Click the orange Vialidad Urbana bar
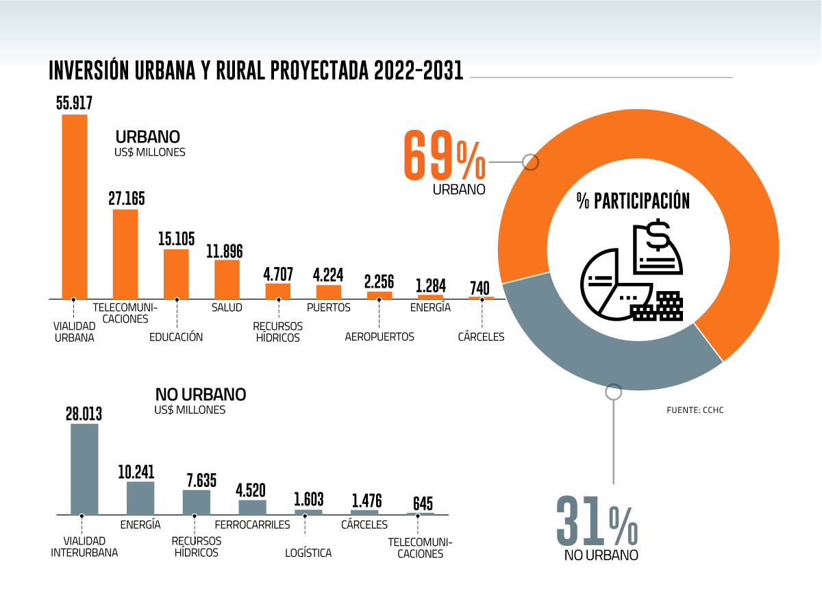(x=75, y=206)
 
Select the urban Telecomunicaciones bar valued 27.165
(x=125, y=254)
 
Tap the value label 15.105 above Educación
(x=176, y=239)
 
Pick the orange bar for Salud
(x=227, y=279)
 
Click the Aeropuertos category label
(x=379, y=337)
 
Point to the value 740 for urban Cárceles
(x=481, y=288)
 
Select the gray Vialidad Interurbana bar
(x=84, y=469)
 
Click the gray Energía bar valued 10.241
(x=140, y=498)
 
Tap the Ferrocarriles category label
(x=253, y=525)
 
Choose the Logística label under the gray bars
(x=308, y=553)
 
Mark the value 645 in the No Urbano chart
(x=420, y=504)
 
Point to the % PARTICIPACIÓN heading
(x=633, y=201)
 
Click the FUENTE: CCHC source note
(x=695, y=410)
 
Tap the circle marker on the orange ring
(x=530, y=162)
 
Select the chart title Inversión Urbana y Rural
(x=256, y=71)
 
